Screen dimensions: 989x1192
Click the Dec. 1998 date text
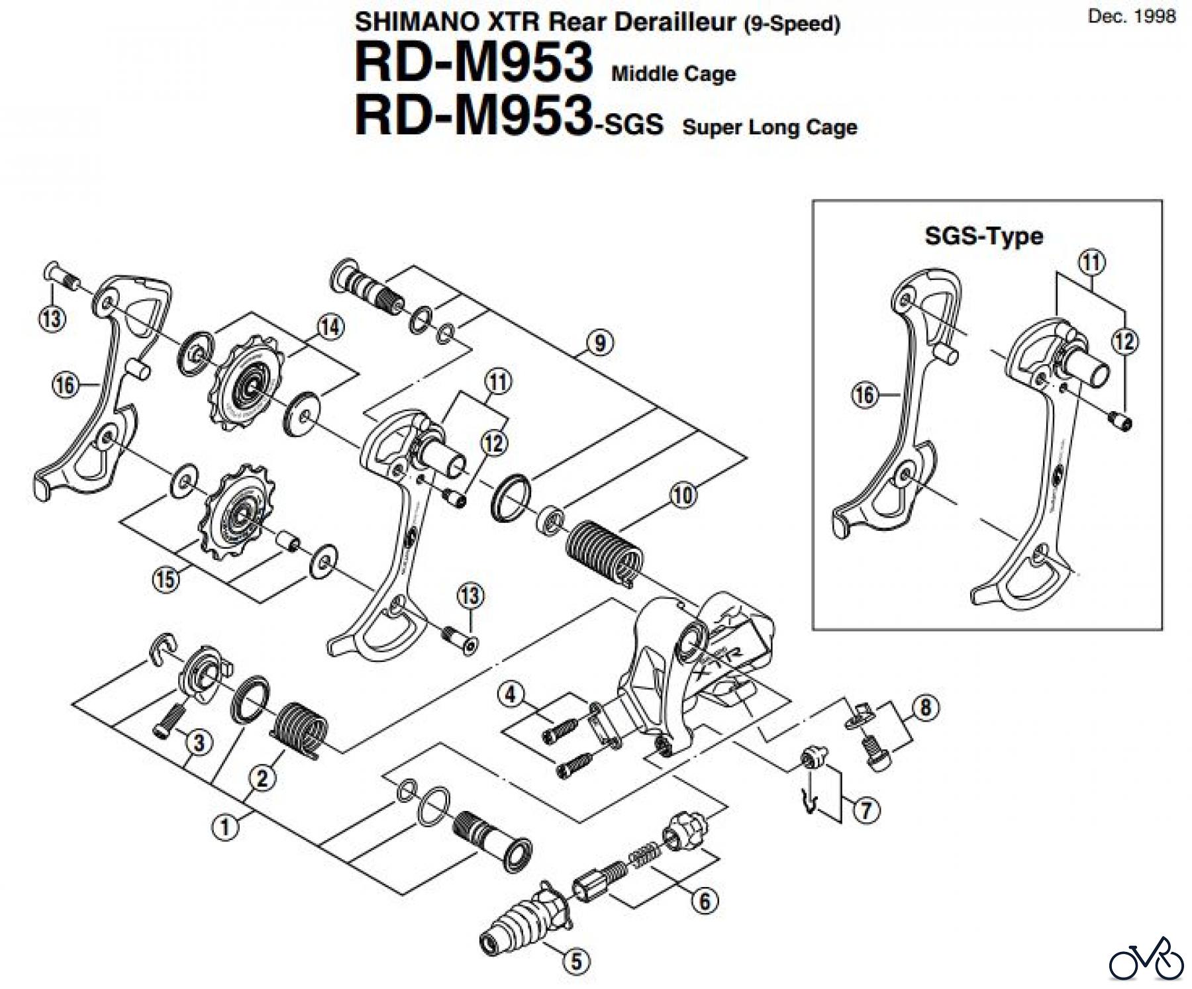1132,17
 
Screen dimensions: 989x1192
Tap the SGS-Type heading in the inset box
983,236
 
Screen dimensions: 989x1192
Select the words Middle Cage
673,73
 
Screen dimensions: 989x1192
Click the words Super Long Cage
770,127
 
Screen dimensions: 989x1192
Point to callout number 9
600,343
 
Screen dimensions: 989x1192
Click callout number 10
683,494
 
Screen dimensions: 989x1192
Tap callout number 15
166,579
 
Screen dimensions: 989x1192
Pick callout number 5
575,961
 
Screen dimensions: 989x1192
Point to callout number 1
225,827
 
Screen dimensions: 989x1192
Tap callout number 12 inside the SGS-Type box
1124,342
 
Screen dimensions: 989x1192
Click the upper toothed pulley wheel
249,385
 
